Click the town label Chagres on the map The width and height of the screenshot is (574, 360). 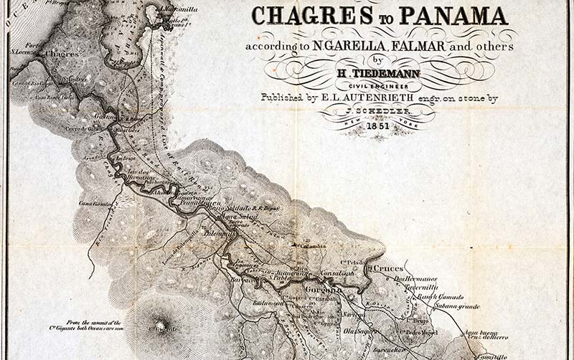coord(61,54)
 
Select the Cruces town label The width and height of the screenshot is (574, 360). coord(387,267)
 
